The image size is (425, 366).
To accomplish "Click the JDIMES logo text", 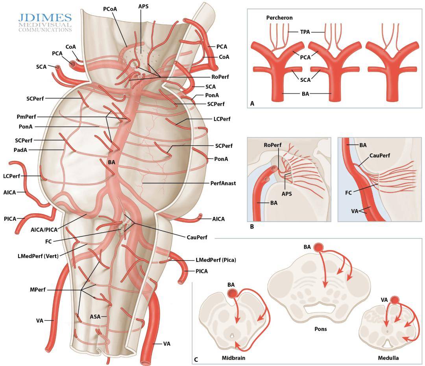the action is pyautogui.click(x=45, y=18).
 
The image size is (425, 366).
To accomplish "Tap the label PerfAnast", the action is pyautogui.click(x=223, y=183).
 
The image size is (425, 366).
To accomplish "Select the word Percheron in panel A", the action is pyautogui.click(x=279, y=18).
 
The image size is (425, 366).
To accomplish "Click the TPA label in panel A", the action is pyautogui.click(x=305, y=32).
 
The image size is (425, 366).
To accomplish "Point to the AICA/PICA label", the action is pyautogui.click(x=44, y=230).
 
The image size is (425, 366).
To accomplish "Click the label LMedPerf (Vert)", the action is pyautogui.click(x=38, y=256).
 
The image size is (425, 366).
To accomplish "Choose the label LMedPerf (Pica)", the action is pyautogui.click(x=216, y=260).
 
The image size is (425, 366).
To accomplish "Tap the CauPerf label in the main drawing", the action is pyautogui.click(x=197, y=237).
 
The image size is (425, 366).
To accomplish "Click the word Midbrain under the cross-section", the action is pyautogui.click(x=233, y=358).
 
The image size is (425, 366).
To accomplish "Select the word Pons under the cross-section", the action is pyautogui.click(x=321, y=329).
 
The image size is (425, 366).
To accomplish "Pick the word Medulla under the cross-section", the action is pyautogui.click(x=388, y=358).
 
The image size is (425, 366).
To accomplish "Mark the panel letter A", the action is pyautogui.click(x=252, y=104).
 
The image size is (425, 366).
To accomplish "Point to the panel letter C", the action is pyautogui.click(x=196, y=360).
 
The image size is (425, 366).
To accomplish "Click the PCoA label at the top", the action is pyautogui.click(x=110, y=9).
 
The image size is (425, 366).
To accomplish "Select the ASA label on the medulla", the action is pyautogui.click(x=95, y=317).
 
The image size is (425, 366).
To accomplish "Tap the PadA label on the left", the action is pyautogui.click(x=20, y=150).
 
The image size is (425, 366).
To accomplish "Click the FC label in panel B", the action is pyautogui.click(x=348, y=193).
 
